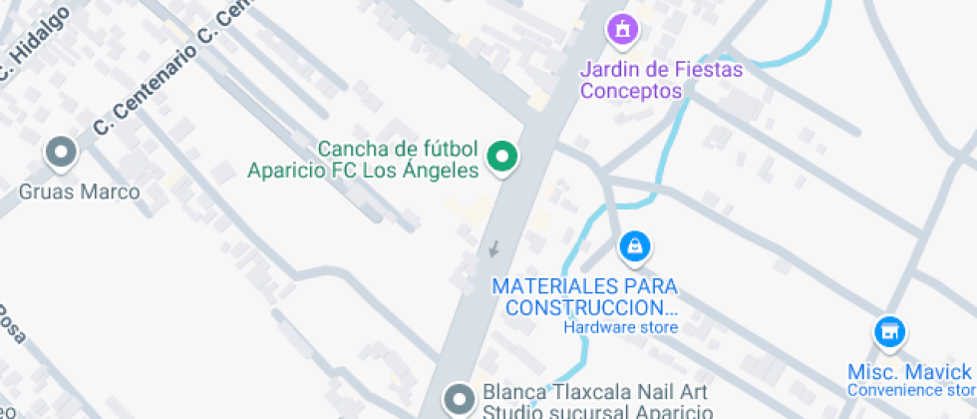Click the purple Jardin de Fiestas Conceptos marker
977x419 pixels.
(x=623, y=29)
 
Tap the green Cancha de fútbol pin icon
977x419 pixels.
(x=501, y=157)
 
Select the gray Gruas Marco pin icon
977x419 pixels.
(x=62, y=153)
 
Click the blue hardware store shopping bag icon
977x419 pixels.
(x=634, y=246)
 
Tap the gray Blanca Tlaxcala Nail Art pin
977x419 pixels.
(x=460, y=399)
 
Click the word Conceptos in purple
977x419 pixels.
(x=631, y=91)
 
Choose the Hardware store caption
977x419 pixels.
(x=620, y=327)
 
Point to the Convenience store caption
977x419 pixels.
(x=910, y=389)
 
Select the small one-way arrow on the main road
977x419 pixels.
(x=492, y=248)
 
